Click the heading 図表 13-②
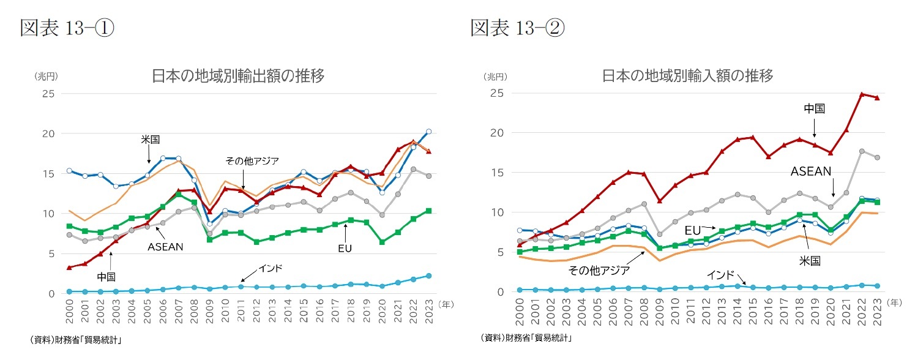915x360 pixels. coord(517,28)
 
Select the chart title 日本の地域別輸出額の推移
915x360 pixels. coord(237,76)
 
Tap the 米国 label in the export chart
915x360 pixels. coord(149,140)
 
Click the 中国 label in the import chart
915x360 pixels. coord(814,108)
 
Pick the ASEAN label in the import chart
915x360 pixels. coord(812,171)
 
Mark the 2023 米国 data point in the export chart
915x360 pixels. coord(428,132)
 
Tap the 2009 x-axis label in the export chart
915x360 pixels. coord(209,313)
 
